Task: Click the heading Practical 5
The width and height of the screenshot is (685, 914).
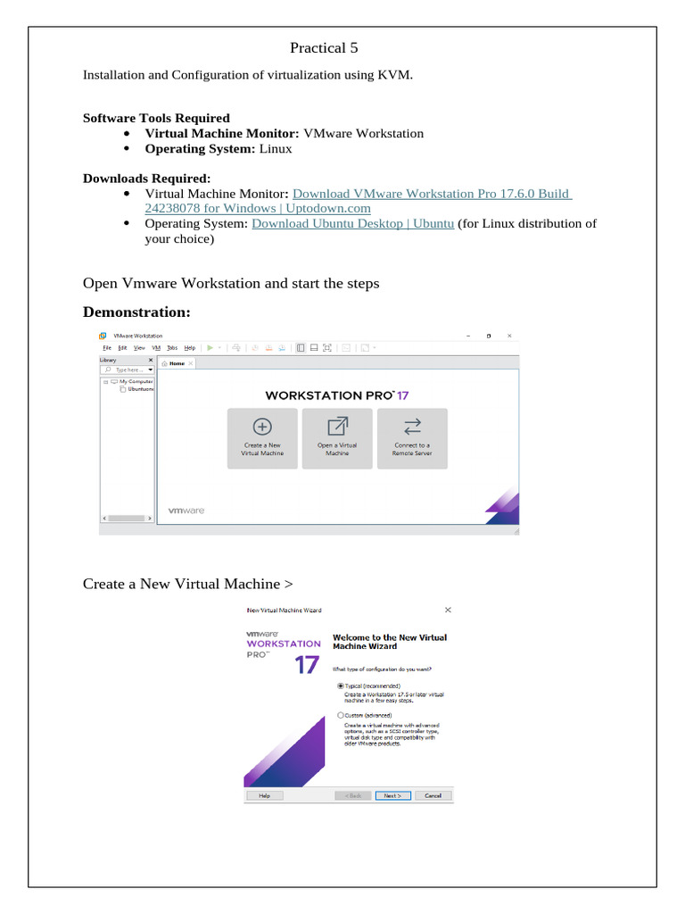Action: click(324, 47)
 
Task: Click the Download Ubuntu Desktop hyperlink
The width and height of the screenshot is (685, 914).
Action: click(352, 223)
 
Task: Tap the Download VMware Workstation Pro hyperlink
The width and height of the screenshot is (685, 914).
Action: click(432, 194)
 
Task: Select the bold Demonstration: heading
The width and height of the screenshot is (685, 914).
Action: click(136, 312)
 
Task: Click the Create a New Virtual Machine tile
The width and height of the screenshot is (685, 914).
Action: click(262, 438)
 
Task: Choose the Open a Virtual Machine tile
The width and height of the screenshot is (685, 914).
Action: click(337, 438)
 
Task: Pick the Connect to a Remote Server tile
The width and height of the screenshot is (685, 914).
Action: click(411, 438)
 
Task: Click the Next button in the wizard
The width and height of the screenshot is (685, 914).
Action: click(392, 795)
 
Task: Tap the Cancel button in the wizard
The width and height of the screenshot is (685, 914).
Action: click(433, 795)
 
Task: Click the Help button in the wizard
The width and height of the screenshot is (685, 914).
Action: click(265, 795)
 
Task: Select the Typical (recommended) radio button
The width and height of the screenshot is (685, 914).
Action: click(341, 685)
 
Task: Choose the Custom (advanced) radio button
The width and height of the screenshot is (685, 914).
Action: click(341, 716)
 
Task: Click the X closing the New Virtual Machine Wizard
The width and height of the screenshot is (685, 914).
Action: click(448, 610)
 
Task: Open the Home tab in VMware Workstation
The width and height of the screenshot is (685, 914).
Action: click(174, 363)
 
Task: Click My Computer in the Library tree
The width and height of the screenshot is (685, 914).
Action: click(135, 381)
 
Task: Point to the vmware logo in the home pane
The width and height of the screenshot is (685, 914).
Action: click(186, 511)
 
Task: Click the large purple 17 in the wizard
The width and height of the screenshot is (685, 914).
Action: click(307, 665)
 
